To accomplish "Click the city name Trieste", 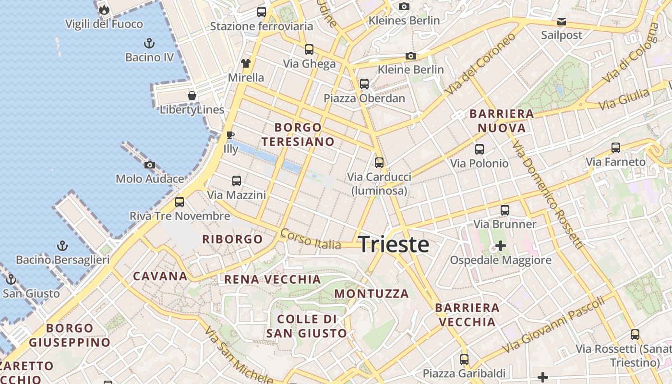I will point(394,244).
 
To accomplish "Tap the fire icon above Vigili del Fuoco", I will point(104,10).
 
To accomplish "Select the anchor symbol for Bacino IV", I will point(149,43).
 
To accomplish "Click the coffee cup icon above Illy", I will point(230,135).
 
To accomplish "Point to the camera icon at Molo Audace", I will point(150,165).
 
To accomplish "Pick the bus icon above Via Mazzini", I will point(237,181).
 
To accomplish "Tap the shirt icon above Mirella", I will point(246,63).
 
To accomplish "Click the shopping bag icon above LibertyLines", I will point(192,96).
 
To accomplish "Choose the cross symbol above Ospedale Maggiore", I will point(501,246).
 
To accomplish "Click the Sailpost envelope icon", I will point(561,22).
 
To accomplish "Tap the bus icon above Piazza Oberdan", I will point(364,84).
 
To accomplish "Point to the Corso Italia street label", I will point(311,239).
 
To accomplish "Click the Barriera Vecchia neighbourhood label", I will point(467,314).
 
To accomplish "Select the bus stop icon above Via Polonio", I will point(479,149).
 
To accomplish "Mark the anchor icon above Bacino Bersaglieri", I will point(62,246).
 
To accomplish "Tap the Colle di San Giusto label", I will point(307,326).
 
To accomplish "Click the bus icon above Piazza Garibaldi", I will point(464,359).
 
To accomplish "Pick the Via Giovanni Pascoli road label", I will point(553,324).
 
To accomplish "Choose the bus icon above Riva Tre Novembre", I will point(180,202).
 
